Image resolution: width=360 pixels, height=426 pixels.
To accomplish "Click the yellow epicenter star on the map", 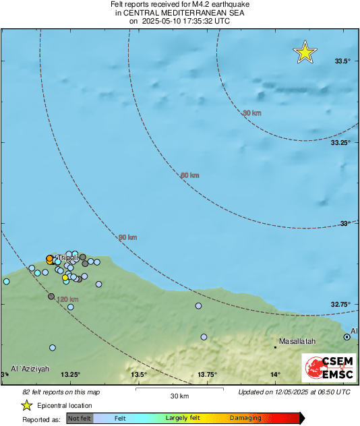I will tap(305, 53).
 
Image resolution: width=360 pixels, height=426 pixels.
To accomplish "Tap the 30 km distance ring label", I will tap(251, 113).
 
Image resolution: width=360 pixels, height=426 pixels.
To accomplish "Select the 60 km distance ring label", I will tap(190, 175).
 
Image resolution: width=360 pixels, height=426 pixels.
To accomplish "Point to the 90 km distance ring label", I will tap(128, 237).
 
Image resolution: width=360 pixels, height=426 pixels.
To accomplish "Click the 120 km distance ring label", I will tap(68, 299).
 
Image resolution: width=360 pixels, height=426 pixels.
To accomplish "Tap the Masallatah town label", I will tap(297, 342).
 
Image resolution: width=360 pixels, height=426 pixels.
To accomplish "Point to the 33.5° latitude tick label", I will tap(342, 61).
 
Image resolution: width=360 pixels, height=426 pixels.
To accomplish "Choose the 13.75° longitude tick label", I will tap(207, 375).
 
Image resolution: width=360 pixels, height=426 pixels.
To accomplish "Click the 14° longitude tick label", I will tap(276, 375).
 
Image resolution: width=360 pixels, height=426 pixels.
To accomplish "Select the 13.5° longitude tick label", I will tap(139, 375).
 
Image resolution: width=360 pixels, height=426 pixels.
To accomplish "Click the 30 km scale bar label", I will tap(179, 396).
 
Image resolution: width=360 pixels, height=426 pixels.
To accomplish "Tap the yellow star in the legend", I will tap(26, 405).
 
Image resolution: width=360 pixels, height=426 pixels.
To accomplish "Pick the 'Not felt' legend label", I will tap(80, 418).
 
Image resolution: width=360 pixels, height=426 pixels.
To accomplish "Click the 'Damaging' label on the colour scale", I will tap(245, 418).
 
